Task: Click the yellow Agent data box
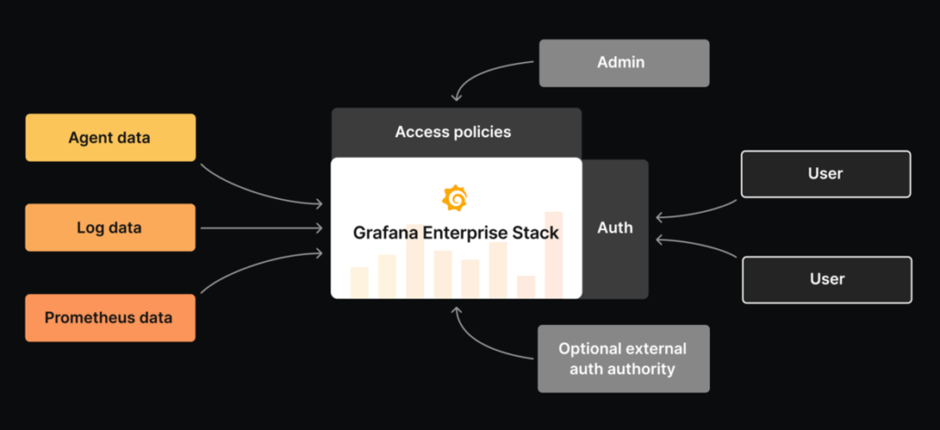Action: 110,138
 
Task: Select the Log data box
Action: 110,227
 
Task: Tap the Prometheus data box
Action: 110,318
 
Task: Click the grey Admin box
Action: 623,63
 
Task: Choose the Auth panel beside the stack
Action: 615,228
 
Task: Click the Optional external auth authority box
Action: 623,359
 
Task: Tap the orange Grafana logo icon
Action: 455,198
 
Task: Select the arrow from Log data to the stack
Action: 260,228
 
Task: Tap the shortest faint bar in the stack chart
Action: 526,287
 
